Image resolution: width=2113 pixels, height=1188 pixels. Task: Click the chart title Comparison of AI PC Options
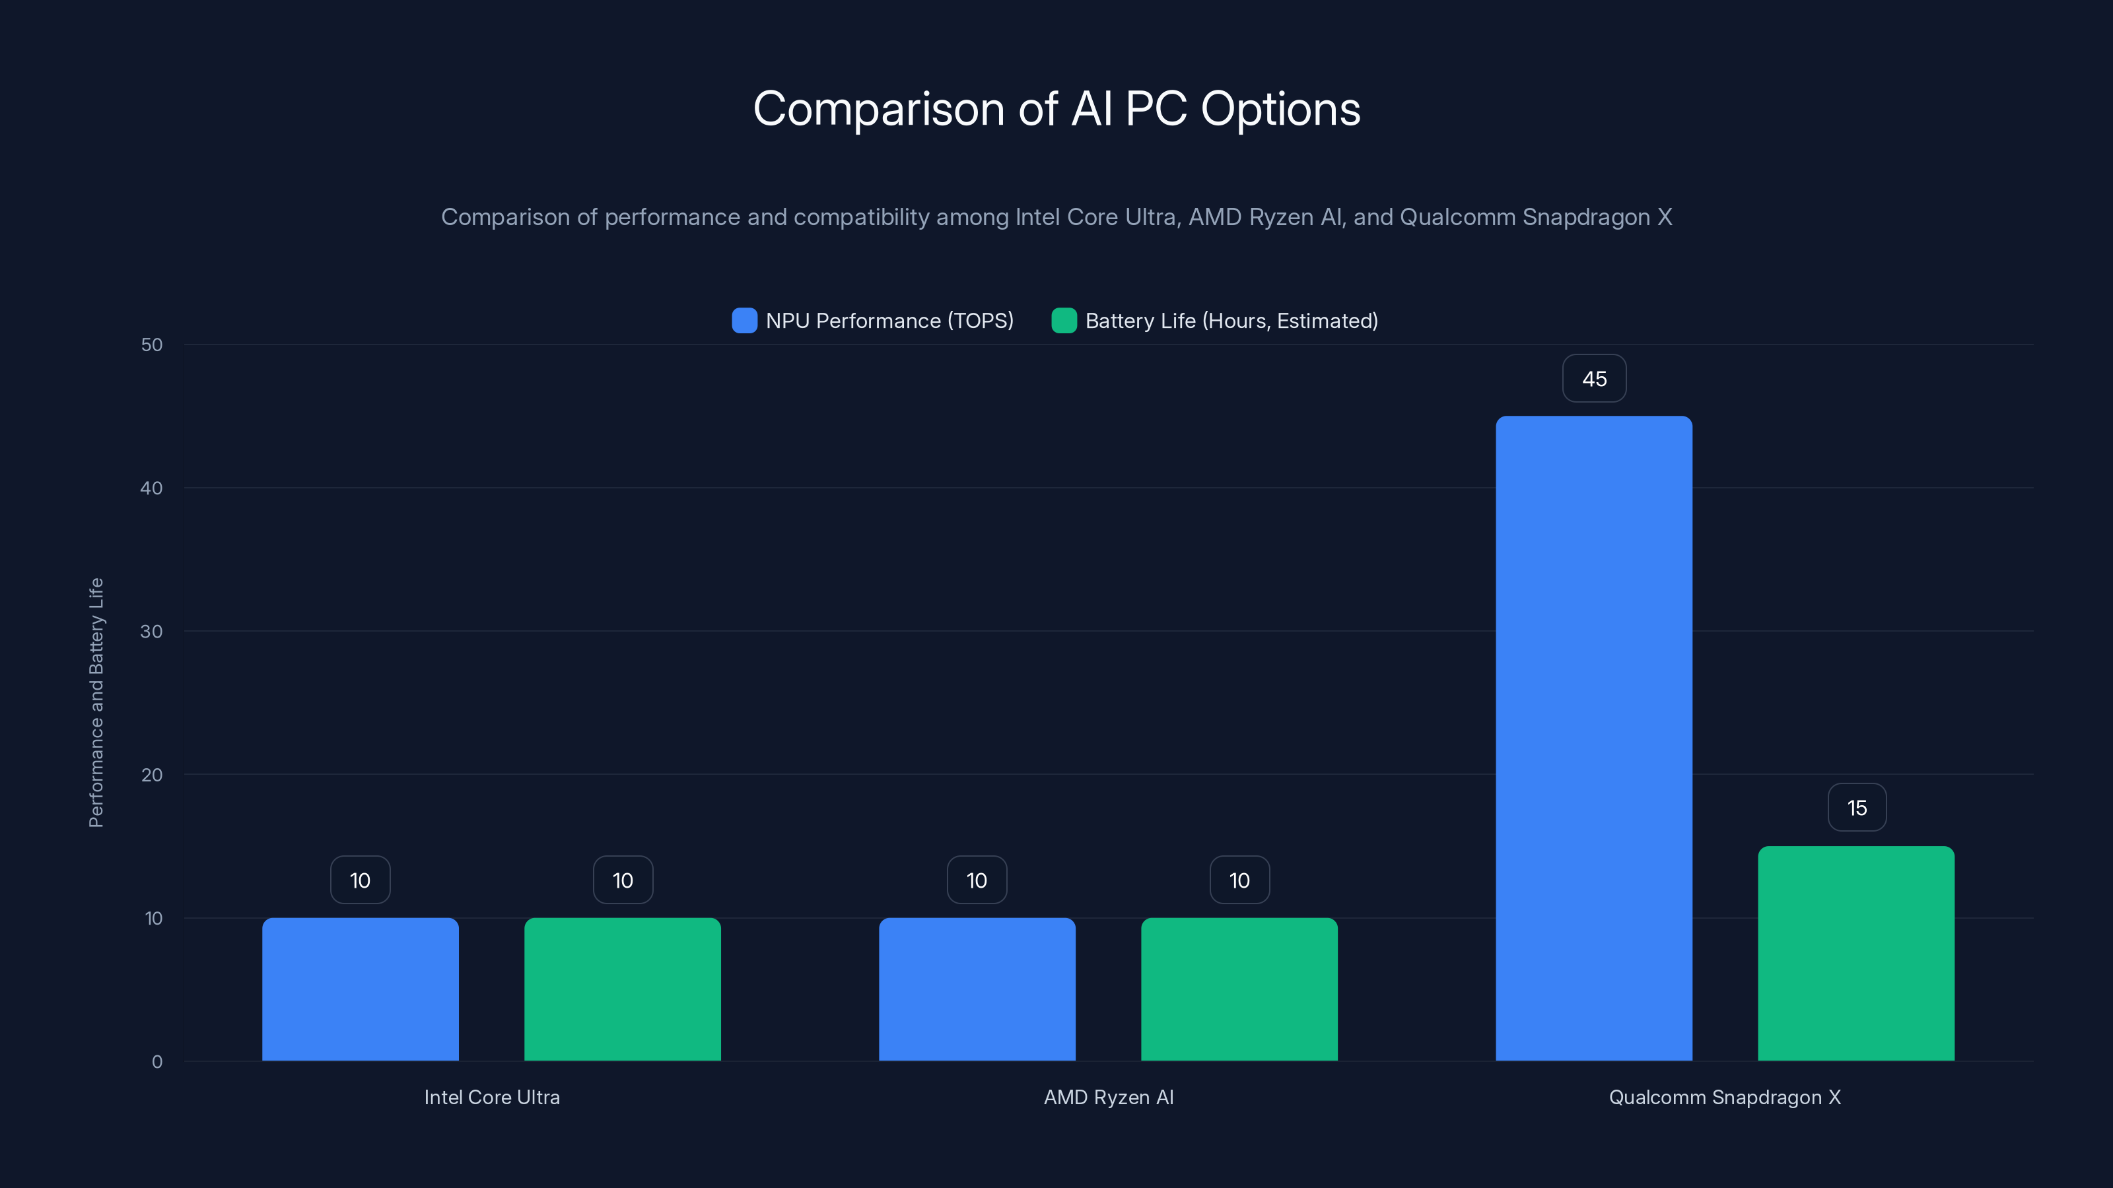click(1056, 109)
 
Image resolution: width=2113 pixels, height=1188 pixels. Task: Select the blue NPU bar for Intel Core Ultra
click(360, 989)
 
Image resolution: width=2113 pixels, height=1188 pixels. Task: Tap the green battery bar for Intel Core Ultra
click(623, 989)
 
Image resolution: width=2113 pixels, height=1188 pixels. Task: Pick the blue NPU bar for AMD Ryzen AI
click(977, 989)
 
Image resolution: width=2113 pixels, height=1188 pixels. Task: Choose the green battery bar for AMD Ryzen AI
click(1239, 989)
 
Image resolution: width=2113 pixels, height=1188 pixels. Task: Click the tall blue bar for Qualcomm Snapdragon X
click(1594, 738)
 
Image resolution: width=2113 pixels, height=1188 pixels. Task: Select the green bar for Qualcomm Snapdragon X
click(1856, 954)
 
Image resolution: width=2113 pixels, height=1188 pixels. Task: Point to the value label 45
click(1594, 379)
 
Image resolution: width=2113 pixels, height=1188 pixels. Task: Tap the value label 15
click(1857, 808)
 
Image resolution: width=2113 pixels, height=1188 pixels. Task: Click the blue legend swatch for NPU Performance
click(744, 321)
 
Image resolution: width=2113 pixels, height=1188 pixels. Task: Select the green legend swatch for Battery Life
click(1064, 321)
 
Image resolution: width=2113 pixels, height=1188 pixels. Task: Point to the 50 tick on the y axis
click(152, 345)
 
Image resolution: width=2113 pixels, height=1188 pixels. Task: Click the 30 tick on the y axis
click(152, 632)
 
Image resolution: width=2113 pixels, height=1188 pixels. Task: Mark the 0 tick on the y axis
click(156, 1062)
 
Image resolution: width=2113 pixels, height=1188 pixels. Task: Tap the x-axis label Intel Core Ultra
click(491, 1097)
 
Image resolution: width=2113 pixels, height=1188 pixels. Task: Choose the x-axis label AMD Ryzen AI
click(1108, 1097)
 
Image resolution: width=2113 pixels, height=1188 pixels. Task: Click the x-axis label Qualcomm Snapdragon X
click(1724, 1097)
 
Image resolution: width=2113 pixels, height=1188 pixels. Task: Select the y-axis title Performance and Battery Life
click(96, 703)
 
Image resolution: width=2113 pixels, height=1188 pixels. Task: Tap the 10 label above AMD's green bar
click(1239, 880)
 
